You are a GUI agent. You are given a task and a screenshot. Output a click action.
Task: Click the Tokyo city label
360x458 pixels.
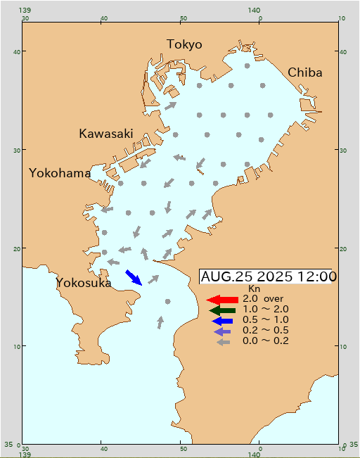click(x=184, y=44)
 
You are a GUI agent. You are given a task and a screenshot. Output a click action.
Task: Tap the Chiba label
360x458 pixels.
click(x=305, y=72)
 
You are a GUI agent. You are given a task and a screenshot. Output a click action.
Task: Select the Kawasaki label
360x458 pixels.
click(x=106, y=133)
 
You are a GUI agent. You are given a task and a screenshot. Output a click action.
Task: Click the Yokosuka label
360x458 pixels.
click(x=84, y=283)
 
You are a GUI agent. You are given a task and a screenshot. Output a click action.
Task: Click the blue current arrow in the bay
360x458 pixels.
click(x=134, y=277)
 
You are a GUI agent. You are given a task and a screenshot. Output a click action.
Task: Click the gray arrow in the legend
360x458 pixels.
click(x=223, y=342)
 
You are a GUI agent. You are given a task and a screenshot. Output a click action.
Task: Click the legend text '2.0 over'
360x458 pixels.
click(x=262, y=299)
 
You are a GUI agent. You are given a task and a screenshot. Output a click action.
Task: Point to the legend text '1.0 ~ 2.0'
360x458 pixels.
click(x=266, y=309)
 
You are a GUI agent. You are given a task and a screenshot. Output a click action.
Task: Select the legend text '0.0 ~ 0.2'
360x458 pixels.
click(x=266, y=341)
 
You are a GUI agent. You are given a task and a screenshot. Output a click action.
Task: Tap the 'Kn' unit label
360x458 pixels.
click(x=255, y=288)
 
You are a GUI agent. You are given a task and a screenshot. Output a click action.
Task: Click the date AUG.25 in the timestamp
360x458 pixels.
click(x=221, y=277)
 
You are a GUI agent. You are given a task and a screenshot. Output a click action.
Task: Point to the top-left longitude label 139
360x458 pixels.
click(x=25, y=9)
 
